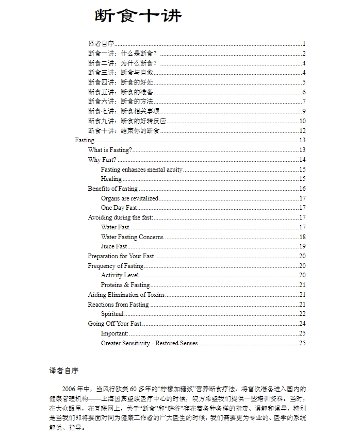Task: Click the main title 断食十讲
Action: pyautogui.click(x=138, y=16)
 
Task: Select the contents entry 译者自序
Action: pyautogui.click(x=101, y=44)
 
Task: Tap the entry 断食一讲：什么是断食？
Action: pyautogui.click(x=122, y=54)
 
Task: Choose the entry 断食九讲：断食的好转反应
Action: pyautogui.click(x=126, y=121)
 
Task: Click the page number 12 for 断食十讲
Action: pyautogui.click(x=303, y=131)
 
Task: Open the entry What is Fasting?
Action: pyautogui.click(x=110, y=150)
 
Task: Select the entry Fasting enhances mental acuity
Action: pyautogui.click(x=141, y=170)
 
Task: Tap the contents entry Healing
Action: pyautogui.click(x=111, y=179)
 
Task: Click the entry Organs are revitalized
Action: pyautogui.click(x=129, y=198)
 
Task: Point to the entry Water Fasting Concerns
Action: pyautogui.click(x=132, y=237)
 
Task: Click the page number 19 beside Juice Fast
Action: pyautogui.click(x=303, y=246)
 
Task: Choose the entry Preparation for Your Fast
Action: pyautogui.click(x=121, y=256)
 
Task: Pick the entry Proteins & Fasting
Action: pyautogui.click(x=125, y=285)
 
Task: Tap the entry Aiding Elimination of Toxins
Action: pyautogui.click(x=126, y=295)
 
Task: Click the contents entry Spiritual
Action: pyautogui.click(x=112, y=314)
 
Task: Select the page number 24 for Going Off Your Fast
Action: pyautogui.click(x=303, y=324)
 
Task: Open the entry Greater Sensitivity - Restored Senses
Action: pyautogui.click(x=149, y=343)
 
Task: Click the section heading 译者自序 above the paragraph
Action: pyautogui.click(x=64, y=371)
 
